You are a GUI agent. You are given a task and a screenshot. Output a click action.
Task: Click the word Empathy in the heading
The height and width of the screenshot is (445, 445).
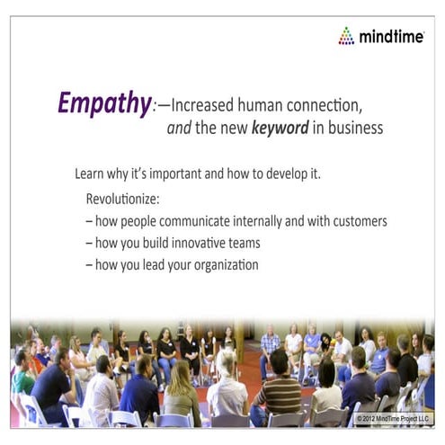point(102,104)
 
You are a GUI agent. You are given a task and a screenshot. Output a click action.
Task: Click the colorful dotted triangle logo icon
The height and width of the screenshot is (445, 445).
point(346,36)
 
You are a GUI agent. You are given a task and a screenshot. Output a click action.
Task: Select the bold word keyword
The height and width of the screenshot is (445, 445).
point(282,129)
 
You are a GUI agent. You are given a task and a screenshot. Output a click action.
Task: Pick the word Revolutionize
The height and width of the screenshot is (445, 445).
point(122,197)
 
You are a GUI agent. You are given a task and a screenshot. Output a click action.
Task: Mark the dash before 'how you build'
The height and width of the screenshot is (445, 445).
point(89,243)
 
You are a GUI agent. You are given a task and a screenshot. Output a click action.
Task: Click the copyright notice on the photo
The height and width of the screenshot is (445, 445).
point(393,419)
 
